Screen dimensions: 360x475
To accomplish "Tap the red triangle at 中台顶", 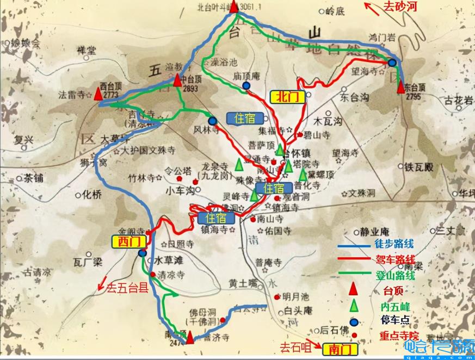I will point(177,80).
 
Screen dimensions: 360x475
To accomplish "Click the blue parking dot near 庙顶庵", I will point(246,85).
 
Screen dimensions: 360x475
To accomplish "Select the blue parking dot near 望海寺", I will point(392,63).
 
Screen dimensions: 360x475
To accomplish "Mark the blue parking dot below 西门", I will point(142,253).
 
